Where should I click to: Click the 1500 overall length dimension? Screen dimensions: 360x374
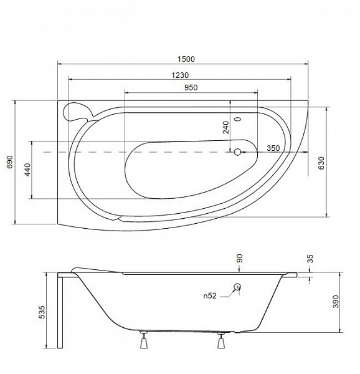click(x=186, y=59)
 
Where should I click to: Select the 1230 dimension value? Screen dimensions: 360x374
click(x=180, y=75)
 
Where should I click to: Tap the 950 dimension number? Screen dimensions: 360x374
click(x=191, y=87)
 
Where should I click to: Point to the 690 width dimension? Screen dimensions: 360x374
click(x=10, y=162)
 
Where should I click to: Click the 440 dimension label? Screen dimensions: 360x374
click(x=28, y=170)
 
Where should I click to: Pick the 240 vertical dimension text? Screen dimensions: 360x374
click(x=225, y=127)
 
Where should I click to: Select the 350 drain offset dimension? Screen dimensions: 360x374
click(x=273, y=148)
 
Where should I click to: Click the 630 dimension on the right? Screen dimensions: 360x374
click(x=321, y=163)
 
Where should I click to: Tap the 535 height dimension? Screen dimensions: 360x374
click(x=42, y=312)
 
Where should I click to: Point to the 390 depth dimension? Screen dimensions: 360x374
click(x=336, y=302)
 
